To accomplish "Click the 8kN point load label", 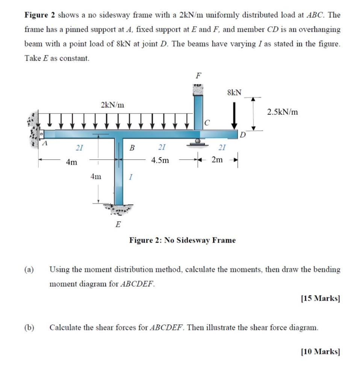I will tap(235, 92).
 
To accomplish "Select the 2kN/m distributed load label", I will tap(112, 105).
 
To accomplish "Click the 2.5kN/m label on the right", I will tap(283, 112).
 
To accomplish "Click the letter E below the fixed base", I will tap(118, 225).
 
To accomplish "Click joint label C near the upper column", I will tap(207, 122).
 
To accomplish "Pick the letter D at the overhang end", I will tap(243, 135).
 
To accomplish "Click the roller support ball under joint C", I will tap(198, 141).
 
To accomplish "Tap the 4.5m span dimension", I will tap(160, 161).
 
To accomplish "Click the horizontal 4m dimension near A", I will tap(71, 162).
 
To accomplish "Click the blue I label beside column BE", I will tap(130, 176).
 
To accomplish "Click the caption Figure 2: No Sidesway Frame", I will tap(182, 240).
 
